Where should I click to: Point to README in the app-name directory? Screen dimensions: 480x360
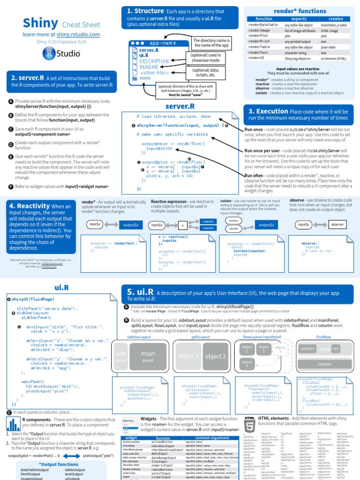tap(149, 67)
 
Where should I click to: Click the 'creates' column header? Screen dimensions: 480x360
tap(335, 19)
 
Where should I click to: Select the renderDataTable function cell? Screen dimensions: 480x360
tap(263, 25)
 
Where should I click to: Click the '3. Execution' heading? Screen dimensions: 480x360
tap(268, 112)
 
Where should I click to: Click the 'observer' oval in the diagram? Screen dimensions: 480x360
tap(337, 225)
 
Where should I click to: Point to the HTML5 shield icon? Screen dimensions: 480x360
tap(249, 424)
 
